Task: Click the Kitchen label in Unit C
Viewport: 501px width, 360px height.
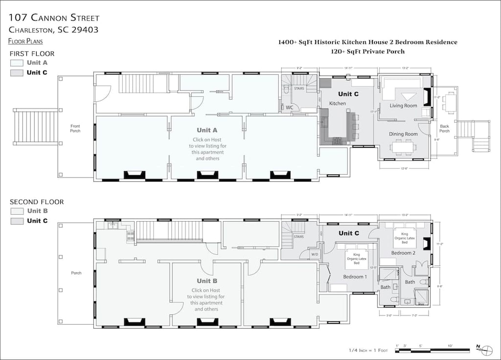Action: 338,103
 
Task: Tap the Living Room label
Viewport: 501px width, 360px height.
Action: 403,106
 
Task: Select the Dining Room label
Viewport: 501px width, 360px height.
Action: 403,134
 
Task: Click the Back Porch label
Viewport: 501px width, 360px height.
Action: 444,128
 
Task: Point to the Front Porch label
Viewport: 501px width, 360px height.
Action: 75,128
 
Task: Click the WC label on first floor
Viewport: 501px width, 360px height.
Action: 290,107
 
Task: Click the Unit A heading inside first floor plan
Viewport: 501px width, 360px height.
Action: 207,130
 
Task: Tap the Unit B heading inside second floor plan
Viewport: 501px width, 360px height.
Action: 207,281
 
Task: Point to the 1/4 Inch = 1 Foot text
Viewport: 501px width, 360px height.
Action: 367,350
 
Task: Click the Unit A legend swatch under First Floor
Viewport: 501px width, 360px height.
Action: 17,63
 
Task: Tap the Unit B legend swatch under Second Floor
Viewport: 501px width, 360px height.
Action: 17,211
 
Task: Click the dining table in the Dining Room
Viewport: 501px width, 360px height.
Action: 404,146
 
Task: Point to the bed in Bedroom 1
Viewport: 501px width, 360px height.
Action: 357,256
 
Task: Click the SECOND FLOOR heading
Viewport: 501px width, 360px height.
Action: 37,202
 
